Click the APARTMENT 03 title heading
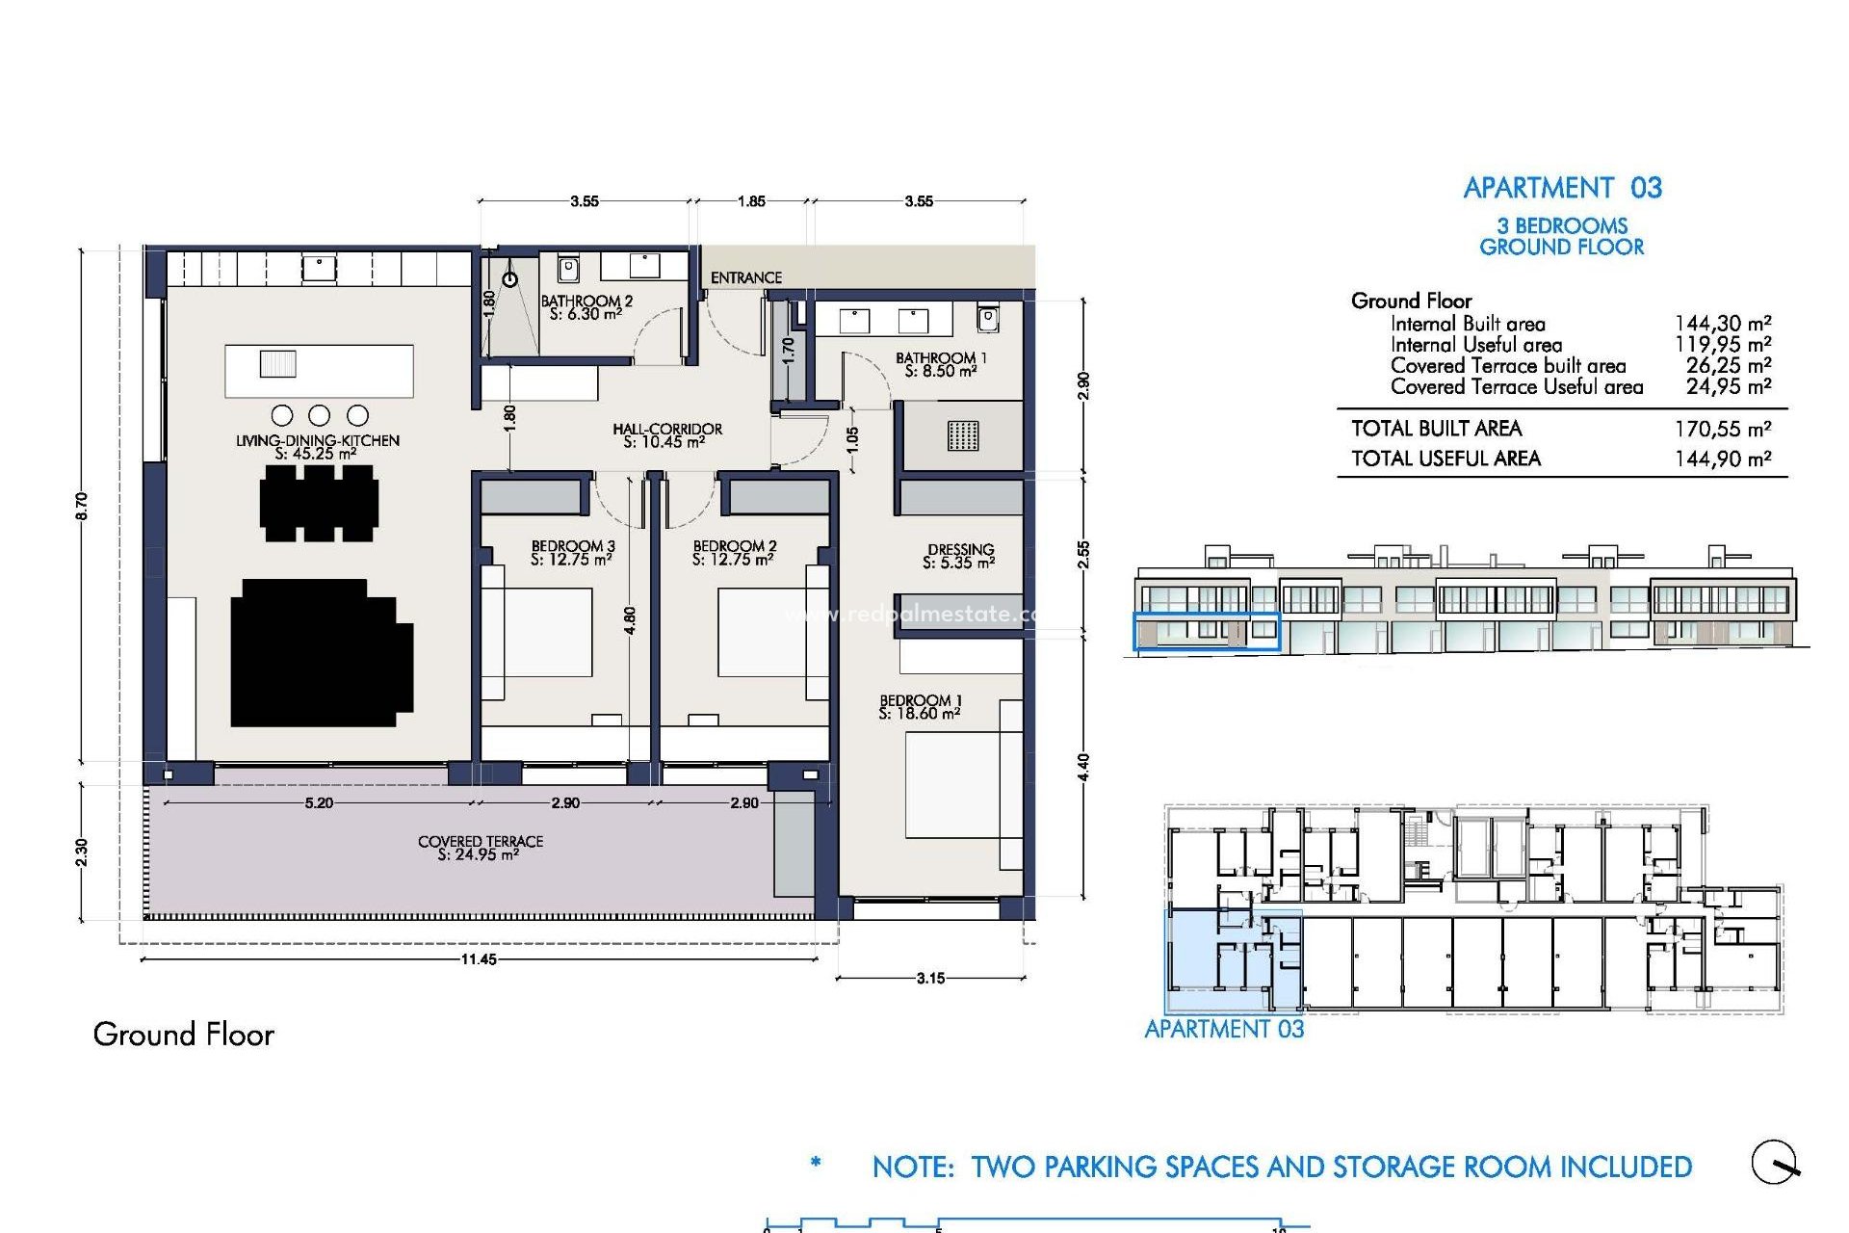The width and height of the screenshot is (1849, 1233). (1562, 188)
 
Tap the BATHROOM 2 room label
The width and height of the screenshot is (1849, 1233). (586, 307)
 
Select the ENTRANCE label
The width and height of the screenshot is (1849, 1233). (745, 277)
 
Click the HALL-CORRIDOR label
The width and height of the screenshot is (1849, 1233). (666, 435)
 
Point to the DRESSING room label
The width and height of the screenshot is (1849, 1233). (960, 556)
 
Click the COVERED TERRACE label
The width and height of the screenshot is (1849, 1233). (480, 848)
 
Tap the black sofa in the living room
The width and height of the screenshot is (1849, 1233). (321, 653)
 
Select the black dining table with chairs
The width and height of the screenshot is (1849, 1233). (319, 503)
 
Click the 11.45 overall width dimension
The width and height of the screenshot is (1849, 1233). (479, 959)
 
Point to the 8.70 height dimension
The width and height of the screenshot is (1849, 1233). (82, 506)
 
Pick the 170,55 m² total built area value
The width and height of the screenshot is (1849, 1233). (1723, 429)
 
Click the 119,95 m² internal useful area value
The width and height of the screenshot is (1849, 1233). (1723, 345)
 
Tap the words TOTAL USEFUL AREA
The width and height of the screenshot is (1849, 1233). (1445, 459)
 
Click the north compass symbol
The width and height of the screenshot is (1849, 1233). (1775, 1163)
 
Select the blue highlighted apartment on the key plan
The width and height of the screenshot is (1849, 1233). (1218, 952)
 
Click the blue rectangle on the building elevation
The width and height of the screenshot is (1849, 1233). (1206, 632)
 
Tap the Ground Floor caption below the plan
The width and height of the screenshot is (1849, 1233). (184, 1035)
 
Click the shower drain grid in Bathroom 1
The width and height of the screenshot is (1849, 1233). (962, 435)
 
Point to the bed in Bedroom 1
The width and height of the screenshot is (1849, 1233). (953, 786)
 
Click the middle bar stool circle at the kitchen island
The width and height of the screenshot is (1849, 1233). (320, 415)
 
